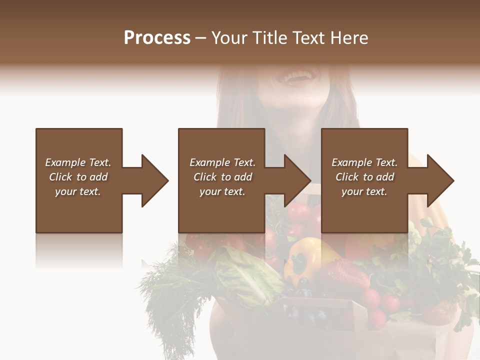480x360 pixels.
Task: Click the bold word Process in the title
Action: (157, 38)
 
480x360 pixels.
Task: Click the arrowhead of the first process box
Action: (154, 180)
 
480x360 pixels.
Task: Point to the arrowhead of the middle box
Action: (297, 180)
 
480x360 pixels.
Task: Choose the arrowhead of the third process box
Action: (440, 180)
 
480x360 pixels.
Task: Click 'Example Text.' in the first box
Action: (78, 162)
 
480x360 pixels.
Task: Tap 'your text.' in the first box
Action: (78, 191)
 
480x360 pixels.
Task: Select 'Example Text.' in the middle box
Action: (222, 162)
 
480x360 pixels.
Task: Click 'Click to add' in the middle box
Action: (222, 177)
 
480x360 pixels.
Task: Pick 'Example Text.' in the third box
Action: (364, 162)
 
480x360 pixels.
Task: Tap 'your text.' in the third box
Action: (364, 191)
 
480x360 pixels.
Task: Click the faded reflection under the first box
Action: (79, 250)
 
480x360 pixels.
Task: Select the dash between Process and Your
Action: (201, 38)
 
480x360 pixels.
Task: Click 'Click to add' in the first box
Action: (78, 177)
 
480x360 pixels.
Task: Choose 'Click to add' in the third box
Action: (364, 177)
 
